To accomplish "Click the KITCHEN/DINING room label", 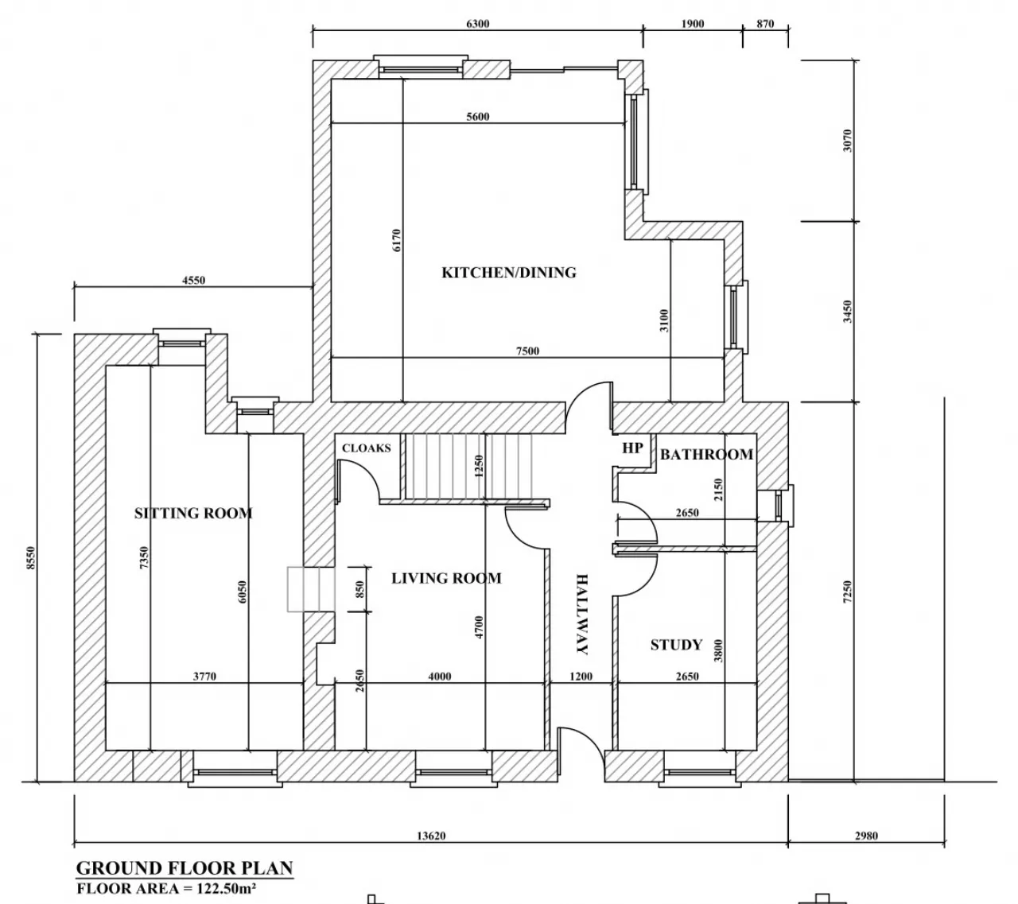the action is [508, 273].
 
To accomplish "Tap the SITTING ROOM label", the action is [193, 513].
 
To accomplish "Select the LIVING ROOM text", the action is [446, 578].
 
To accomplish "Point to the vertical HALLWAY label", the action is [581, 614].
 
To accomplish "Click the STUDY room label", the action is [676, 645].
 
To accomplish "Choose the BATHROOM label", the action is [706, 454].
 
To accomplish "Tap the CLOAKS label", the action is [367, 448].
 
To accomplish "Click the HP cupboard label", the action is [632, 448].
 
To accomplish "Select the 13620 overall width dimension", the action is [431, 836].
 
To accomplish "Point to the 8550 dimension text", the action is [31, 558].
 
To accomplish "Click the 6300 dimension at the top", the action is [477, 24].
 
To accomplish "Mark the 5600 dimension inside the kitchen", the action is [477, 117].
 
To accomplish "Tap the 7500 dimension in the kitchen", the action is [527, 351].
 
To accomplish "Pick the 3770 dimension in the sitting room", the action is [204, 677].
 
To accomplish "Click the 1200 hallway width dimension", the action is [581, 677].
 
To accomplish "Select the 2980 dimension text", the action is [866, 836].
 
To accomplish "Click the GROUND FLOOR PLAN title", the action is [185, 867].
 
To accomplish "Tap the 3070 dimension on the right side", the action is [848, 141].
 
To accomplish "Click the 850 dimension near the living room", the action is [359, 590].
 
